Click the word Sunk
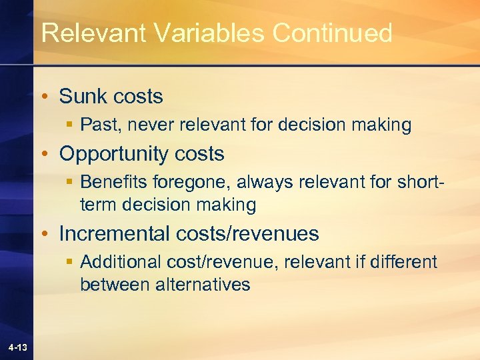coord(84,97)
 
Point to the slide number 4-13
coord(18,347)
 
